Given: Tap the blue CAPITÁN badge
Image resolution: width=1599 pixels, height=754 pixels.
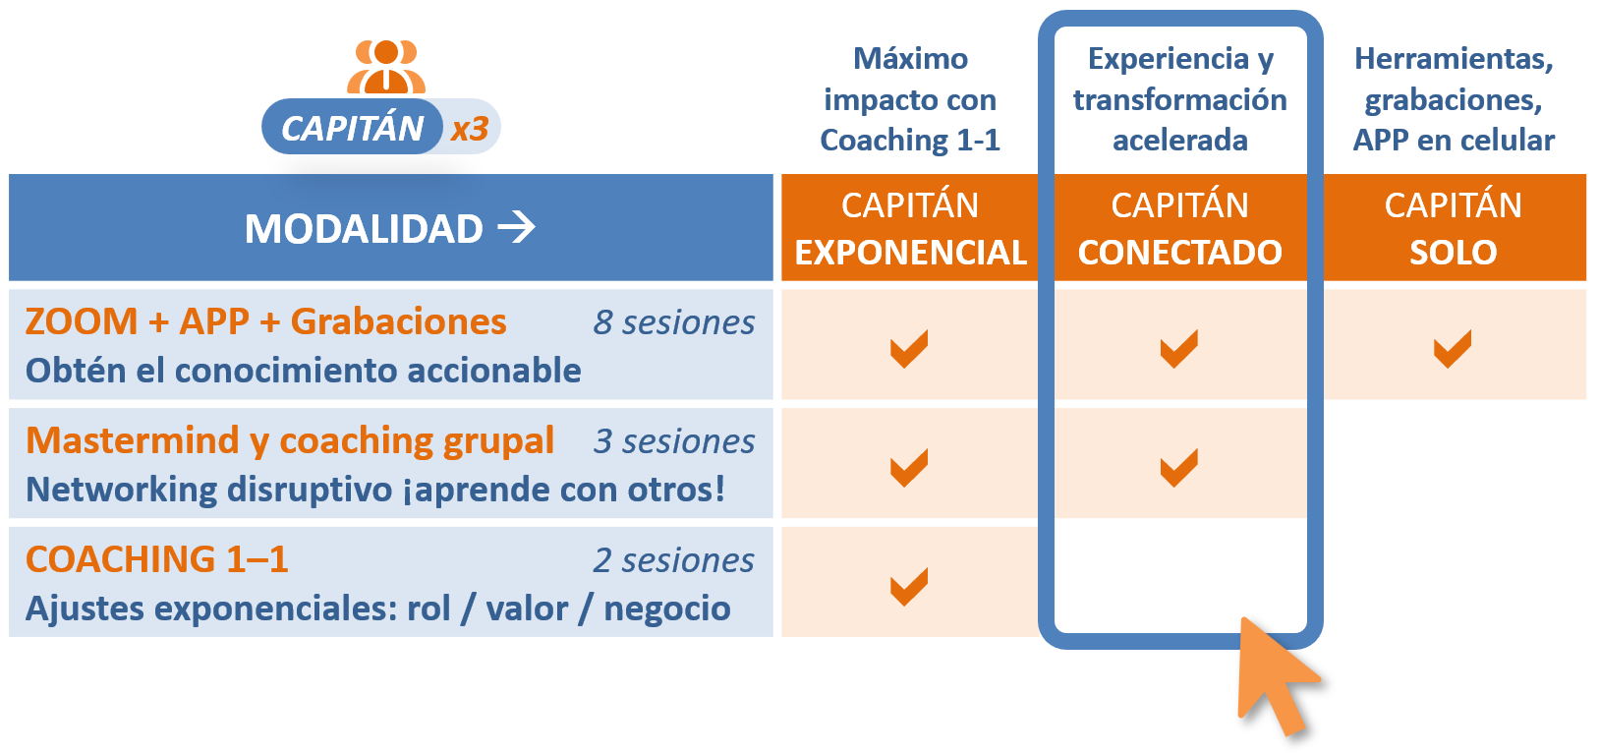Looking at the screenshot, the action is [x=352, y=127].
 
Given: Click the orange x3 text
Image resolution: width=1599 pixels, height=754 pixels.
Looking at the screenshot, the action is [x=470, y=129].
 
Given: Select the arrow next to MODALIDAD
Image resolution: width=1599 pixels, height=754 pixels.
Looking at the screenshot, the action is [x=517, y=227].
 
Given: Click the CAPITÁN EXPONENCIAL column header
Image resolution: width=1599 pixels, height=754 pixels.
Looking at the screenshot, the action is [x=910, y=228].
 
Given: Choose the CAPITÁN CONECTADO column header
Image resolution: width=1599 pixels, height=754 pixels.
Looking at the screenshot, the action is [x=1179, y=228].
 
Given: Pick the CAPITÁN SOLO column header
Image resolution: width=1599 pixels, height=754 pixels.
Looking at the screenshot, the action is [x=1453, y=228].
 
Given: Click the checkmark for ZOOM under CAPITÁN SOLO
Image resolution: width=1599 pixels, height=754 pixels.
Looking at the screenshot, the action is [x=1452, y=348].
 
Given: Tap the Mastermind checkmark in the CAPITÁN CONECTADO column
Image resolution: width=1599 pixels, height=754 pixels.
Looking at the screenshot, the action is [x=1178, y=467].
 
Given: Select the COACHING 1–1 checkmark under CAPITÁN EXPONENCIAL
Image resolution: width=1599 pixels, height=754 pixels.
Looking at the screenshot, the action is [x=909, y=586].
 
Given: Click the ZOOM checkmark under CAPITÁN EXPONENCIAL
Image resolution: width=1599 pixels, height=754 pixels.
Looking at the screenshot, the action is [x=909, y=348].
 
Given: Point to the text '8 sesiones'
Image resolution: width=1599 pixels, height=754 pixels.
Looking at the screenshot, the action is [x=674, y=321].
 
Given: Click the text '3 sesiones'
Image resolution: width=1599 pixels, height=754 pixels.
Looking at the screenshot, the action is [x=674, y=441].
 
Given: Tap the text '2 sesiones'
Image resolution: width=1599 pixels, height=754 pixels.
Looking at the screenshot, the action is [x=674, y=560].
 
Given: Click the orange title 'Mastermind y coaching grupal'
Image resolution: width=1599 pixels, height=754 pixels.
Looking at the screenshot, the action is [x=290, y=440].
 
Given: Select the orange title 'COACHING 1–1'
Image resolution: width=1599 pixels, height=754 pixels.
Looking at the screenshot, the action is [x=157, y=559].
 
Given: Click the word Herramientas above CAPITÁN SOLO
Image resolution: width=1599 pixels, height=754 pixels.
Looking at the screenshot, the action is [x=1453, y=59].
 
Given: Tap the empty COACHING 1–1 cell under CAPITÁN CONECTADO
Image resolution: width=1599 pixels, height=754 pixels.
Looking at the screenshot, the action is [x=1179, y=575].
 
